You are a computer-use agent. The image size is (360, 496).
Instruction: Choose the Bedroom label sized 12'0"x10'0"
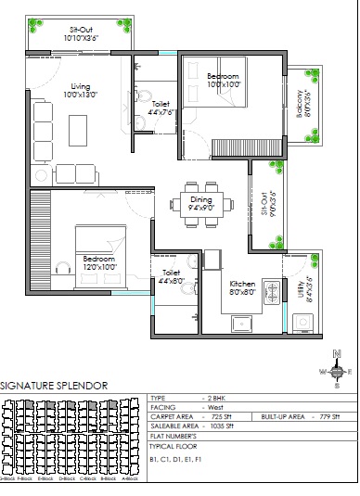[98, 262]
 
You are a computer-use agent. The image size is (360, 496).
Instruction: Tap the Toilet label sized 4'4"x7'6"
[161, 108]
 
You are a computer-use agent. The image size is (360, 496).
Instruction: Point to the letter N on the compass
[337, 353]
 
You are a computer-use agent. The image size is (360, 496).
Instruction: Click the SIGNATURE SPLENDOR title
[54, 385]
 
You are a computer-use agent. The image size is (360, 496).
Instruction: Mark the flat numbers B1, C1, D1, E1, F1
[175, 458]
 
